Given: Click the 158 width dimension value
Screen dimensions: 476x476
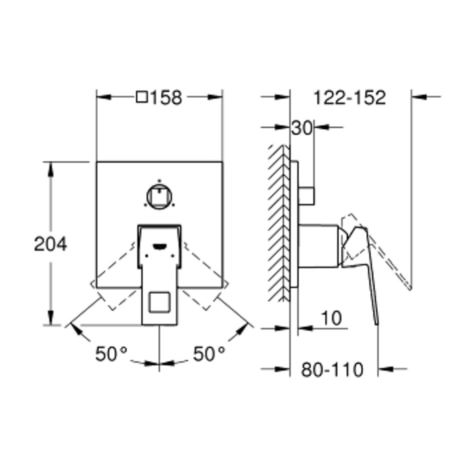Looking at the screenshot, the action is [167, 98].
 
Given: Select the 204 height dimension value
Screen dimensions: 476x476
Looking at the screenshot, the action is [51, 244].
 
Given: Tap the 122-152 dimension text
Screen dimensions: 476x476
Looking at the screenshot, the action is [349, 98].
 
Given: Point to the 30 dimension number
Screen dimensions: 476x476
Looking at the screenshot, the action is [302, 128].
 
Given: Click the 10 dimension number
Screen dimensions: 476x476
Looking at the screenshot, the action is [332, 318].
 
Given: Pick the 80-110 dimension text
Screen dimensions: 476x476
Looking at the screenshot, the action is [332, 369].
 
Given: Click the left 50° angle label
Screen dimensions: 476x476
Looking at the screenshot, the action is [111, 354].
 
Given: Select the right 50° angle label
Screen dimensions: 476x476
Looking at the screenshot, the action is [209, 354].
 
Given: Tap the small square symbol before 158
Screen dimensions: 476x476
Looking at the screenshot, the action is [142, 97].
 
